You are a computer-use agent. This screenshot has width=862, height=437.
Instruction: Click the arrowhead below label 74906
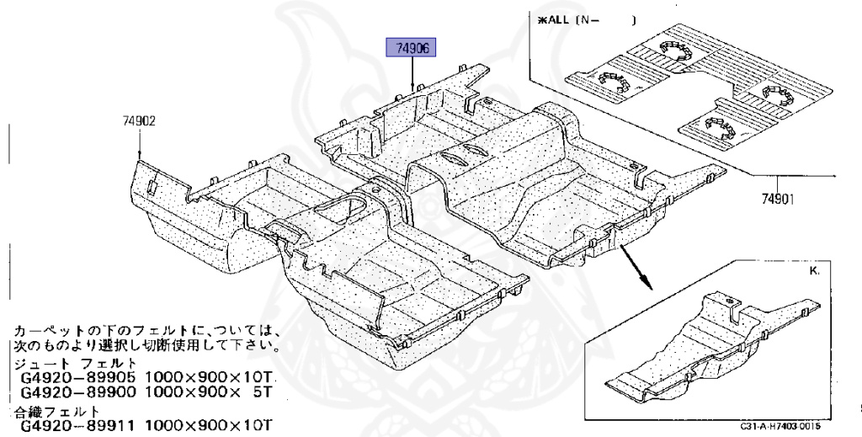pos(412,87)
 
